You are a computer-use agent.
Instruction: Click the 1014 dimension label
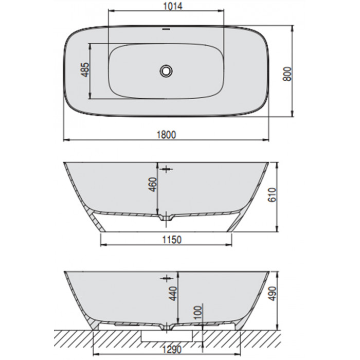click(173, 6)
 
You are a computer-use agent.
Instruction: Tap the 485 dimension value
click(85, 69)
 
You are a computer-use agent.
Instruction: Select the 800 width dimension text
click(287, 74)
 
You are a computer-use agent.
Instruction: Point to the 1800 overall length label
click(167, 135)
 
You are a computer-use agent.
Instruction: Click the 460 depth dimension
click(152, 185)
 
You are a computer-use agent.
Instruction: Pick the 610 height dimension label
click(272, 195)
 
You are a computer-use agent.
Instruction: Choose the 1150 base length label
click(172, 240)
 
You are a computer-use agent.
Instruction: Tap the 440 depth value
click(173, 294)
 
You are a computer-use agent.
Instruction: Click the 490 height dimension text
click(273, 294)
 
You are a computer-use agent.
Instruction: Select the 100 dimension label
click(198, 313)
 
